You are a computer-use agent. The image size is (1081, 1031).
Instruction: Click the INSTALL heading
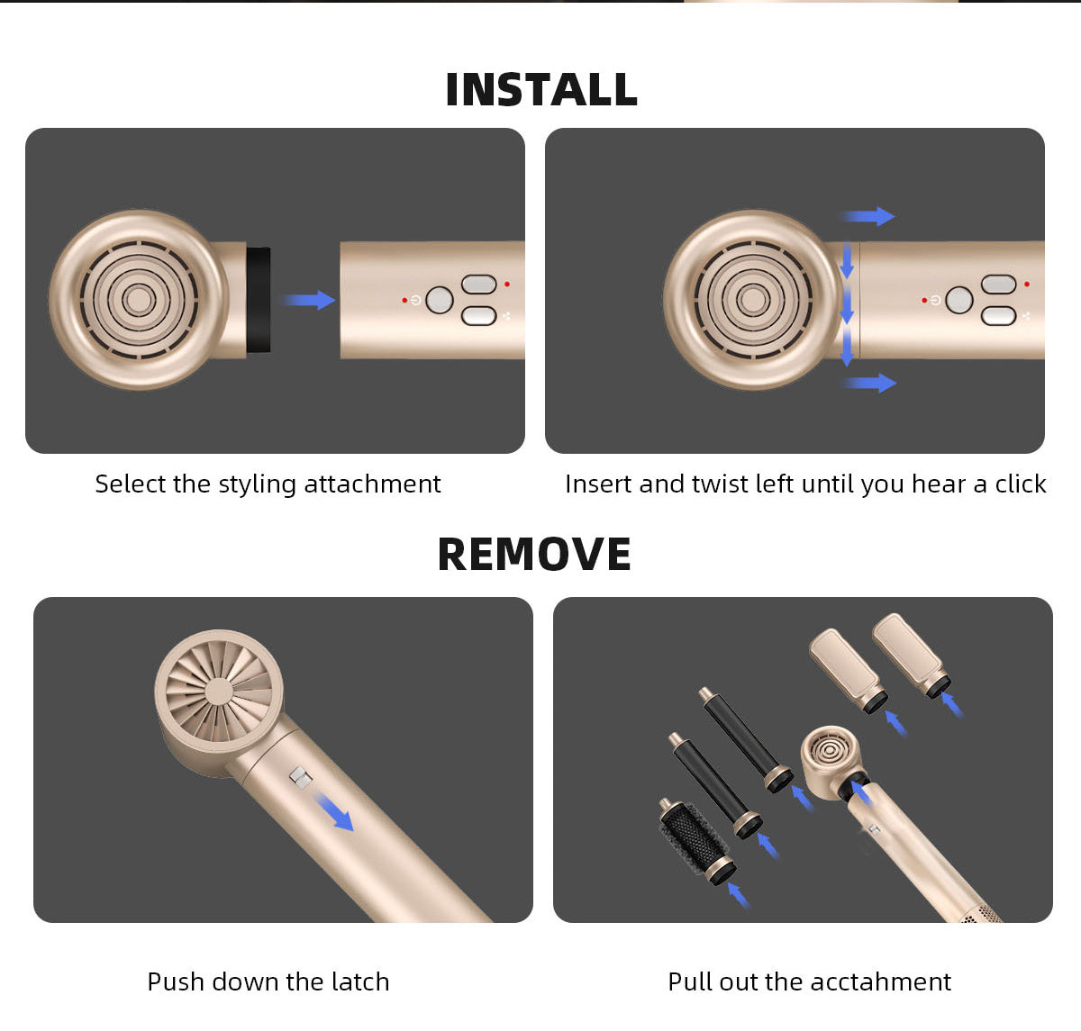coord(541,89)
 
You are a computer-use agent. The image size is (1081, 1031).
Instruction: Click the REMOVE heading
coord(534,555)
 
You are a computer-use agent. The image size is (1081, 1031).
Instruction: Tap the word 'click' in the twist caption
coord(1021,484)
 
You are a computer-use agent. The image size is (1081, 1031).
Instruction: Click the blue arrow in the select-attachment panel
coord(310,300)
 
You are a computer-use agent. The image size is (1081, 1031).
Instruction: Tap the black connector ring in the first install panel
coord(258,300)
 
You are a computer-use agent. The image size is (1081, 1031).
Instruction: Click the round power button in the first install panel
coord(440,300)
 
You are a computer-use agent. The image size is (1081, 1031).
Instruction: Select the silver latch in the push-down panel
coord(301,777)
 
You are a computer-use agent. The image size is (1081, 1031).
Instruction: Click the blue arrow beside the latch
coord(334,812)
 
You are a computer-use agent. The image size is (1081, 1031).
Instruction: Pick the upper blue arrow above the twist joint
coord(868,216)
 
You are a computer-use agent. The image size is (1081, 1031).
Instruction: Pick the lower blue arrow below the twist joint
coord(870,383)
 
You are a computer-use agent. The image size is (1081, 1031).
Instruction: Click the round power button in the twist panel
coord(958,300)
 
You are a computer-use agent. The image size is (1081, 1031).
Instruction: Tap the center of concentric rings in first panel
coord(139,300)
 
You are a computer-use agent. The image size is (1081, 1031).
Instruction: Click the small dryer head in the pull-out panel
coord(831,763)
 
